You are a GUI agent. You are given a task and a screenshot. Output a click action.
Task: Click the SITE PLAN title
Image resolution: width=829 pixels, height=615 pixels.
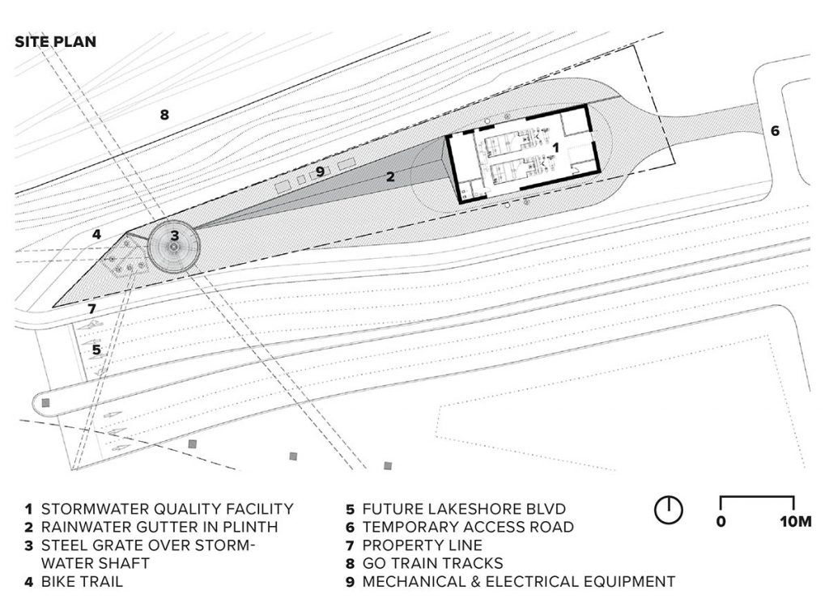click(56, 41)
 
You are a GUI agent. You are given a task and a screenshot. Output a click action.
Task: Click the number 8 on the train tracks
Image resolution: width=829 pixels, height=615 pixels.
click(164, 114)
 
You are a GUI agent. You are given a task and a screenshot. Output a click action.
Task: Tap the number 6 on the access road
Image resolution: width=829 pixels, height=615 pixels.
click(775, 130)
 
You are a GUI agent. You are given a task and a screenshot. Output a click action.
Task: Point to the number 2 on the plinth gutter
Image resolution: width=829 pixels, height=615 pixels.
click(389, 176)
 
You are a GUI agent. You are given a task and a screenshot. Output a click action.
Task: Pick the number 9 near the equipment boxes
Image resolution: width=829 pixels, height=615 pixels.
click(320, 171)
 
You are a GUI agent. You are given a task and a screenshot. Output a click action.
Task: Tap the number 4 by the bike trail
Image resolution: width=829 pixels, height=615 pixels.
click(96, 235)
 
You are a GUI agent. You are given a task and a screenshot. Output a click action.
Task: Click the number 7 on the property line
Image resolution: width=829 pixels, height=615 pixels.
click(91, 309)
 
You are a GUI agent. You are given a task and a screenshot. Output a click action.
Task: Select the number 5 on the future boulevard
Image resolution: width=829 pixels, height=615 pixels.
click(96, 350)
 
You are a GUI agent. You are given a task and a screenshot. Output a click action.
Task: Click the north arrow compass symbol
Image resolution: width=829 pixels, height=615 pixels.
click(670, 510)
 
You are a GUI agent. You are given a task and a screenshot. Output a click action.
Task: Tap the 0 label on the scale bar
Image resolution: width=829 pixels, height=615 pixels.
click(721, 521)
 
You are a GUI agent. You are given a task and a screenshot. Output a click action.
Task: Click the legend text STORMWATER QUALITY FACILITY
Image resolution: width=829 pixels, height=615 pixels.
click(167, 509)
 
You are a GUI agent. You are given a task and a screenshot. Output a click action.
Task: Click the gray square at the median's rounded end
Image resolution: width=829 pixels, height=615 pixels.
click(46, 402)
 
